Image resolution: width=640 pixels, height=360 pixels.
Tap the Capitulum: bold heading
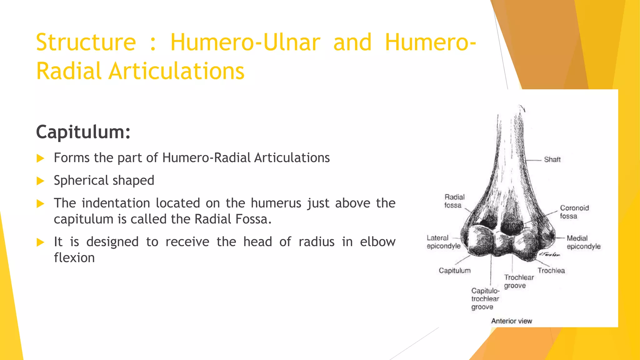tap(83, 132)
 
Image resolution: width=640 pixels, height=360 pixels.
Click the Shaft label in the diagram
tap(552, 160)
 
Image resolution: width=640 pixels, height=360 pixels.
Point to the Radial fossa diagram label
tap(454, 201)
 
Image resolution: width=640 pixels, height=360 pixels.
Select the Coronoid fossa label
tap(574, 212)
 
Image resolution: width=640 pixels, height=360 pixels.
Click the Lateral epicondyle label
tap(443, 242)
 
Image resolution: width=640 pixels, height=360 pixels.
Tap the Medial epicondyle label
tap(583, 242)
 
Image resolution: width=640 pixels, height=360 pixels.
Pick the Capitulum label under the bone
tap(454, 271)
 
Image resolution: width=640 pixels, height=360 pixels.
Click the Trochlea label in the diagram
tap(551, 271)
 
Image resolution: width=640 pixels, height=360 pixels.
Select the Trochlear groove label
tap(519, 282)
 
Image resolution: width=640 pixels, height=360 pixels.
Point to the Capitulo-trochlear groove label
tap(485, 299)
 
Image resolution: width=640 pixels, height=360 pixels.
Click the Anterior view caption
tap(511, 321)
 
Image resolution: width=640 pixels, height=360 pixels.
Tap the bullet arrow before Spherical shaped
tap(40, 181)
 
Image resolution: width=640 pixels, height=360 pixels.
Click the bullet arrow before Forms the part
tap(40, 158)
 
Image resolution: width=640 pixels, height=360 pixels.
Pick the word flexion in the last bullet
tap(74, 258)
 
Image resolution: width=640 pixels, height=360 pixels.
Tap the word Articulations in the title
tap(176, 71)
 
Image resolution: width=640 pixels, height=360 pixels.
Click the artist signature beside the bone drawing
tap(549, 254)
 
